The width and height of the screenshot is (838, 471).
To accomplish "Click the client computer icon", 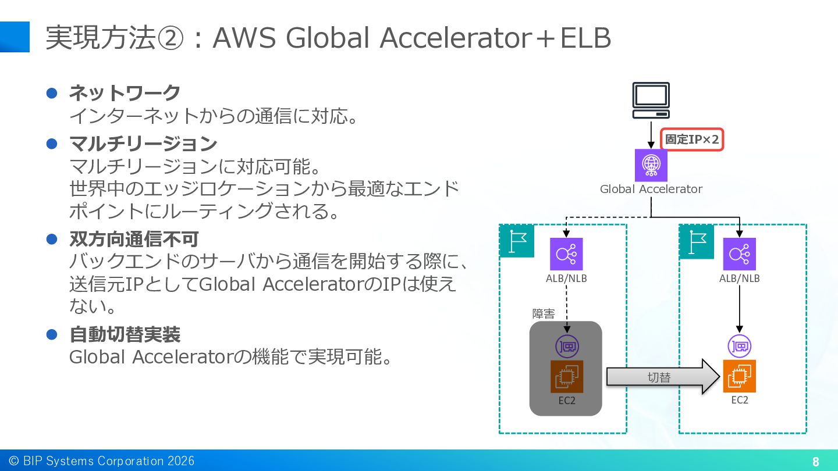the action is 651,101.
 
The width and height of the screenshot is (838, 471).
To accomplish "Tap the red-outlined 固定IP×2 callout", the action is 692,140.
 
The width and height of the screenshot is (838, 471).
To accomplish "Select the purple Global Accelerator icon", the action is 651,165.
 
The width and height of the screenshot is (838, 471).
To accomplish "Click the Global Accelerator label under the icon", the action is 651,189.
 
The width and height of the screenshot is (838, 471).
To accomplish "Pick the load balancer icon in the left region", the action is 566,254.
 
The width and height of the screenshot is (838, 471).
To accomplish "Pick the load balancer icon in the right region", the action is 739,254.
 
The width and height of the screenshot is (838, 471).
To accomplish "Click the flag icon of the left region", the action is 517,241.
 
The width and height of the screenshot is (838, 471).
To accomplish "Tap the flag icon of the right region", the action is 697,242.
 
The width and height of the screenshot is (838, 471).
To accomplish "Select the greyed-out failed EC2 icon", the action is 566,376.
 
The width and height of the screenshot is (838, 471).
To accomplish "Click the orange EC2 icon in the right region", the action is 739,376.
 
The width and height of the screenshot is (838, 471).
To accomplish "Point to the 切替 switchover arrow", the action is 663,377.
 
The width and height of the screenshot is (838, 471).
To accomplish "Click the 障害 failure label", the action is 543,313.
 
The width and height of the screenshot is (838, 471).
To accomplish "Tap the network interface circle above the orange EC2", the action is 739,346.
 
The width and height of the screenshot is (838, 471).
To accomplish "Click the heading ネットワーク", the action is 125,92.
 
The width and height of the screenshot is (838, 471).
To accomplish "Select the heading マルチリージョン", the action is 143,144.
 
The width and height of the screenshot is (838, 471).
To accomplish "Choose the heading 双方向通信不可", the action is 134,239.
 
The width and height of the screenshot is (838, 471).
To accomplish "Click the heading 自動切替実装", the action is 125,334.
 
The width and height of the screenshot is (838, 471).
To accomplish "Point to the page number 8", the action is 815,462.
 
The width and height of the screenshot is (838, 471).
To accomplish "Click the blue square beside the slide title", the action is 15,37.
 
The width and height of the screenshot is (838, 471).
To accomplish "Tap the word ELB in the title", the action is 585,38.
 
